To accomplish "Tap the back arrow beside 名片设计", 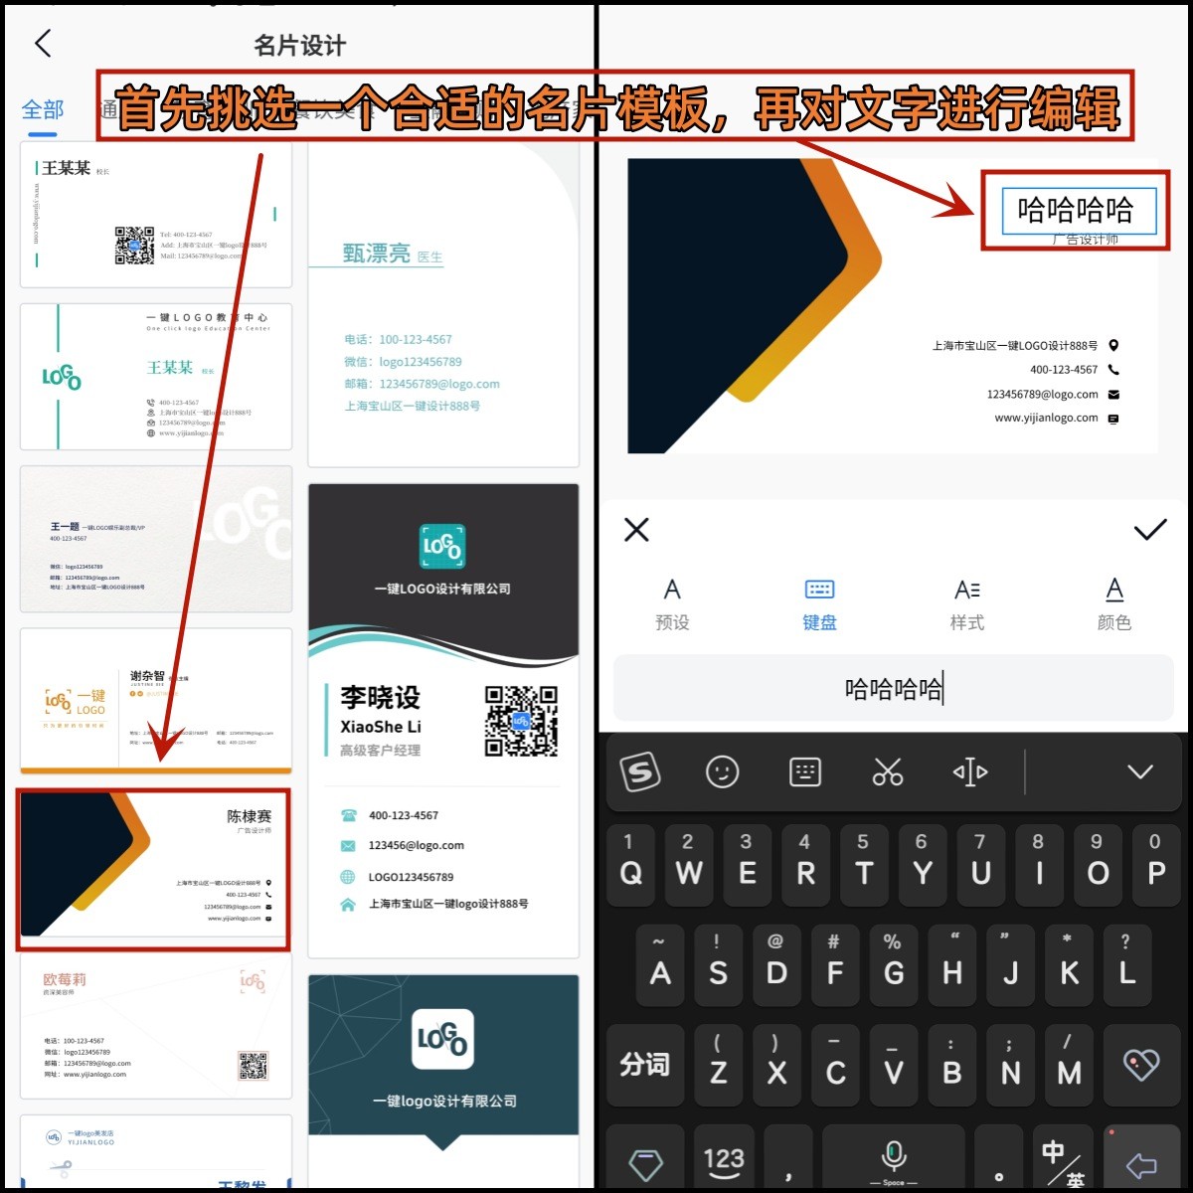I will pos(43,44).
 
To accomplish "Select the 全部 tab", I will pos(43,109).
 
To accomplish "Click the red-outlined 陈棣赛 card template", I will pos(153,869).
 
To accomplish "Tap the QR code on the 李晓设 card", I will pos(521,721).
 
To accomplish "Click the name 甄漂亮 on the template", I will pos(377,254).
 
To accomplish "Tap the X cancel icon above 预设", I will pos(636,530).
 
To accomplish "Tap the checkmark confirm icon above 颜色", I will pos(1149,530).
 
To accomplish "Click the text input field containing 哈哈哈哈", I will pos(893,689).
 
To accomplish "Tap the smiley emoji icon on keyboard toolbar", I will pos(722,771).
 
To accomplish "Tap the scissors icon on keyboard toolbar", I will pos(887,771).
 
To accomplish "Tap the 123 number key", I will pos(724,1159).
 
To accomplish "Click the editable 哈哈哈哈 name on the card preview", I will pos(1078,211).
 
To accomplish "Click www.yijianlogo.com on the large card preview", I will pos(1046,419).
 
